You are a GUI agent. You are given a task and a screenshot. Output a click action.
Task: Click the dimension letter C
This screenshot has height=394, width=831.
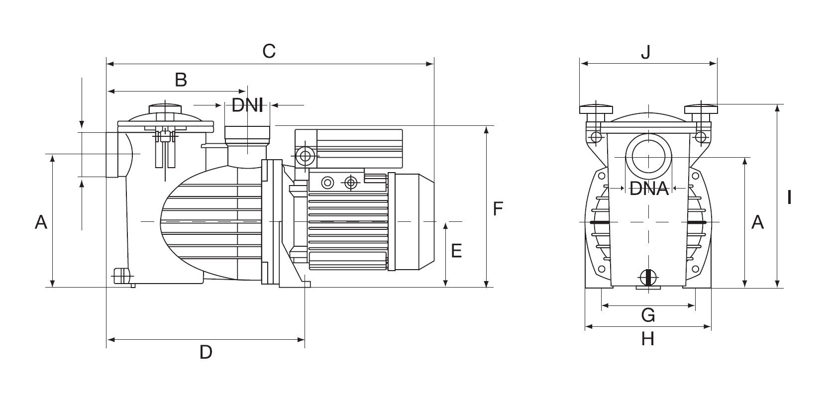click(x=269, y=51)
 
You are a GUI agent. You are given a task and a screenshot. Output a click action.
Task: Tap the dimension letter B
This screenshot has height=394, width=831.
click(x=181, y=80)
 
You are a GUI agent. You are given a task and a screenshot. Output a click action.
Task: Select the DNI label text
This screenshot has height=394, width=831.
click(x=247, y=105)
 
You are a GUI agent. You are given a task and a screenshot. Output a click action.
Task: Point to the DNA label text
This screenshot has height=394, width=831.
click(x=649, y=189)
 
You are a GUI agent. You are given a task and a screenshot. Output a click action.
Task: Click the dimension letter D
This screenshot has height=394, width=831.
click(x=206, y=352)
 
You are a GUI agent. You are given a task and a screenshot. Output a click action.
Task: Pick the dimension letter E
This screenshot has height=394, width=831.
click(x=456, y=251)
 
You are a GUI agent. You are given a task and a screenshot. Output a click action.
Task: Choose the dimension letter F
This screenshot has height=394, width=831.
click(x=498, y=209)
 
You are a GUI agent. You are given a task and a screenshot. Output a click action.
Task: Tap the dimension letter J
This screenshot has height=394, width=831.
click(x=645, y=52)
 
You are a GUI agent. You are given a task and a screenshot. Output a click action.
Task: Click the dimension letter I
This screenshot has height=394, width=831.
click(x=789, y=198)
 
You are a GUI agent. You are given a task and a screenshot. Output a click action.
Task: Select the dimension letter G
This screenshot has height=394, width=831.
click(x=648, y=315)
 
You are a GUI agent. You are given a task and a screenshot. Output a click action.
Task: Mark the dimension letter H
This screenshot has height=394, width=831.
click(x=647, y=339)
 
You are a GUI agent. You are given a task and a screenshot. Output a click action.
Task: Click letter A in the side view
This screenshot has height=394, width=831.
click(x=41, y=222)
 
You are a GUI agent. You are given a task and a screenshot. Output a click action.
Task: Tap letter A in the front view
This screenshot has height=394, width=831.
click(x=757, y=222)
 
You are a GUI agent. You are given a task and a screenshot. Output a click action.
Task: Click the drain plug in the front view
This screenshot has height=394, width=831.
click(x=647, y=277)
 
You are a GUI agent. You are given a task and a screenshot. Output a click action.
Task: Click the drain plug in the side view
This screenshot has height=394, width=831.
click(x=121, y=275)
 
